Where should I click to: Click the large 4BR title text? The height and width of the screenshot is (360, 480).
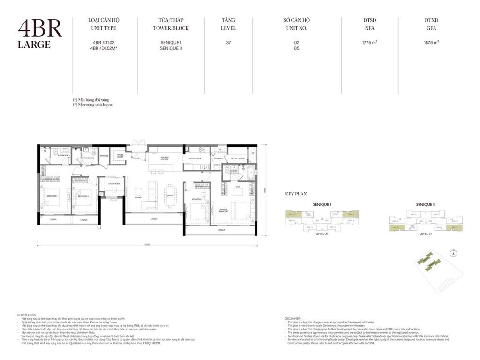point(40,29)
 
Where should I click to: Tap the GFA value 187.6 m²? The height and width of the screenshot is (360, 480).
point(431,42)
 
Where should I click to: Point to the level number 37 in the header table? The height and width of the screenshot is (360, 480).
point(228,42)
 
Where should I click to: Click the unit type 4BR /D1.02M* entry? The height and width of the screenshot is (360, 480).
point(105,48)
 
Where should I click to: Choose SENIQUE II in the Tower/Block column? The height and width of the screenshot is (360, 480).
point(171,48)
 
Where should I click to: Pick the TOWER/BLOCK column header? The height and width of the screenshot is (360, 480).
point(171,28)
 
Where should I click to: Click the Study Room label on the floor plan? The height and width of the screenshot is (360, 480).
point(113,184)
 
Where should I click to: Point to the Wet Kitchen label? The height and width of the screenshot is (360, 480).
point(195,158)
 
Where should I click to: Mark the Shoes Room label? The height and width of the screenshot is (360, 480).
point(120,157)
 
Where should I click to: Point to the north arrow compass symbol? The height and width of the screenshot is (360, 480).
point(453,254)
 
